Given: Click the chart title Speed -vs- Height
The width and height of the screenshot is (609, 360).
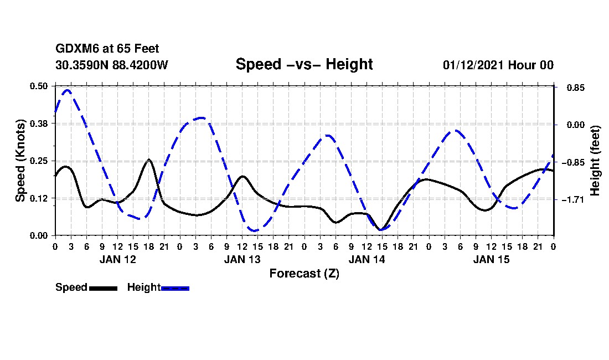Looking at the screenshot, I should point(304,64).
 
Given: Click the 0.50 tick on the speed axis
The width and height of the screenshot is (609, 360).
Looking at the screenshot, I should point(39,86).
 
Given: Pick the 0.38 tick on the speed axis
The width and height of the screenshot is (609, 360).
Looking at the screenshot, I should point(39,124).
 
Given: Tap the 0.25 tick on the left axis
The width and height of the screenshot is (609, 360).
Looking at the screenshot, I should point(39,161).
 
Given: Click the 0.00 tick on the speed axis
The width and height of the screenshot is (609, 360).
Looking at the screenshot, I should point(39,235).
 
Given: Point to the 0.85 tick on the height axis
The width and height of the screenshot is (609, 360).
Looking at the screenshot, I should point(570,88).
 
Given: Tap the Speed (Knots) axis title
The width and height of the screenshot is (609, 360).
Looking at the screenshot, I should point(20,161).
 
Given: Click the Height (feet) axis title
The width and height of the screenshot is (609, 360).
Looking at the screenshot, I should point(595,161).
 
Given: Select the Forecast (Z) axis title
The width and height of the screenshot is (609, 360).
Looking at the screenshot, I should point(304,274).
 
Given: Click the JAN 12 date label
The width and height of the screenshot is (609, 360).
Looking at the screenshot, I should point(117,259).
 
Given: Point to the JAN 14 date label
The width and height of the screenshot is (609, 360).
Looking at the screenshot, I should point(367,259).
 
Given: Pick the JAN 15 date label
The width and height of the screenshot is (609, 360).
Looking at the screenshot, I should point(491,259).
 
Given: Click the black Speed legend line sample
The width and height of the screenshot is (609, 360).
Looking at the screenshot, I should point(103,288).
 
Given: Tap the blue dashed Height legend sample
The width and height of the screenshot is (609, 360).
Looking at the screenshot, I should point(175,288).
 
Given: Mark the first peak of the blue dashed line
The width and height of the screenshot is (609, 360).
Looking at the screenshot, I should point(67,90).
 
